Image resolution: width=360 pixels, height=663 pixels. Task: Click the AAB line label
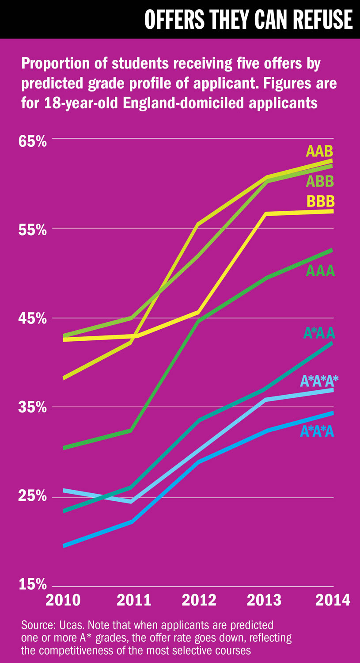[x=319, y=152]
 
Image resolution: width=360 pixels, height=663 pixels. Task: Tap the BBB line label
[x=320, y=202]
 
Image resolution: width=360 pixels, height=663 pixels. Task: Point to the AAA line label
[x=320, y=271]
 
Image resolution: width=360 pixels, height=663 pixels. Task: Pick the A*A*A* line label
[x=319, y=381]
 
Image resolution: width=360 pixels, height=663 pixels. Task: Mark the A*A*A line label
[x=317, y=431]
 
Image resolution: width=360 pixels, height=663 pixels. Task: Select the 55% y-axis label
[x=32, y=230]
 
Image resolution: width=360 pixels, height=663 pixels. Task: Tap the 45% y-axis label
[x=32, y=319]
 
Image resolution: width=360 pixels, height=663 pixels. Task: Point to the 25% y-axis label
[x=32, y=497]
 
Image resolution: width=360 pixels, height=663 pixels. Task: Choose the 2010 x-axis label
[x=63, y=600]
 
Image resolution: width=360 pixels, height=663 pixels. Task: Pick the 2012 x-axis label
[x=199, y=600]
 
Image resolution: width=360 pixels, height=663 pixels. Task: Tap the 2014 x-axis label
[x=333, y=600]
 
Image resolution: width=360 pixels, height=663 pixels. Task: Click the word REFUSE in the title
[x=315, y=19]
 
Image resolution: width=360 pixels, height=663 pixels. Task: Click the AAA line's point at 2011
[x=131, y=431]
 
